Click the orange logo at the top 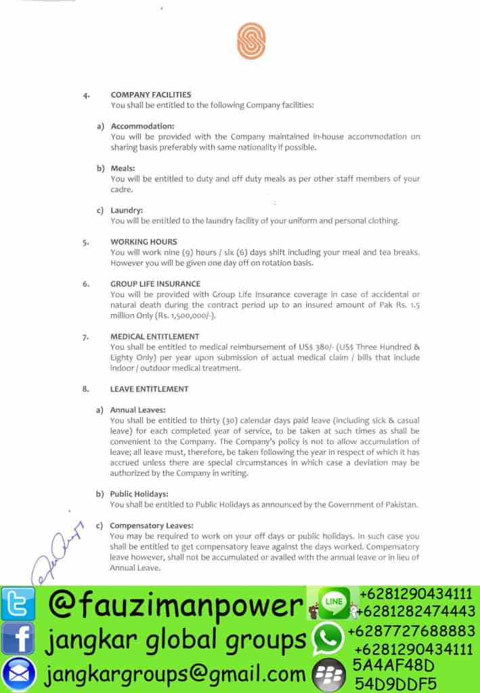coord(251,41)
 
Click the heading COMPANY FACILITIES coord(151,95)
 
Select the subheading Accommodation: coord(142,126)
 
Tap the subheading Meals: coord(123,168)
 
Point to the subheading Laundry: coord(127,210)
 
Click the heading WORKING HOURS coord(144,242)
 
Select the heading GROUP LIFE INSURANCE coord(155,284)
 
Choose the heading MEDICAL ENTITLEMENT coord(154,336)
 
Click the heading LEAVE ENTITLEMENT coord(149,389)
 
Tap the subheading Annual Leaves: coord(137,410)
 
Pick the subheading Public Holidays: coord(139,494)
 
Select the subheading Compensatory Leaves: coord(152,525)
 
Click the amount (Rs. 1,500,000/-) coord(182,315)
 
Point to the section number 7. coord(85,336)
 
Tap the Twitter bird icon coord(18,604)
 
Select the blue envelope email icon coord(18,673)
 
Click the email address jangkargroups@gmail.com coord(176,674)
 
